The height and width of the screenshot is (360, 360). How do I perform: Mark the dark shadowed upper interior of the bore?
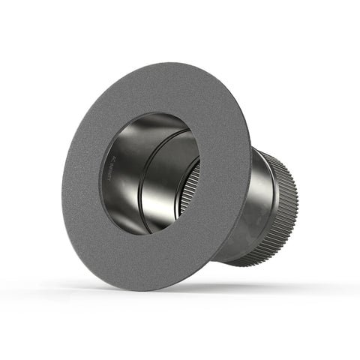pyautogui.click(x=150, y=124)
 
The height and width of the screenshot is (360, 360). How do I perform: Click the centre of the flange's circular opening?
pyautogui.click(x=149, y=173)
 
